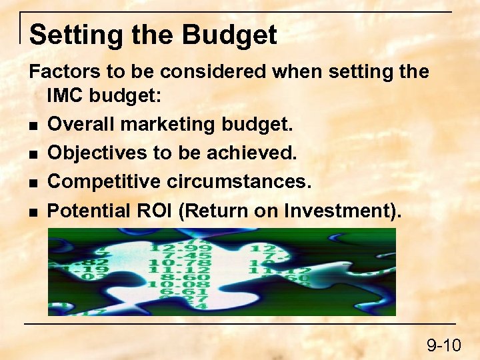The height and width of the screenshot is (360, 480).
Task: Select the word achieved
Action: point(257,153)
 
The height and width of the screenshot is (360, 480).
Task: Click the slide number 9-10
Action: point(444,345)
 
